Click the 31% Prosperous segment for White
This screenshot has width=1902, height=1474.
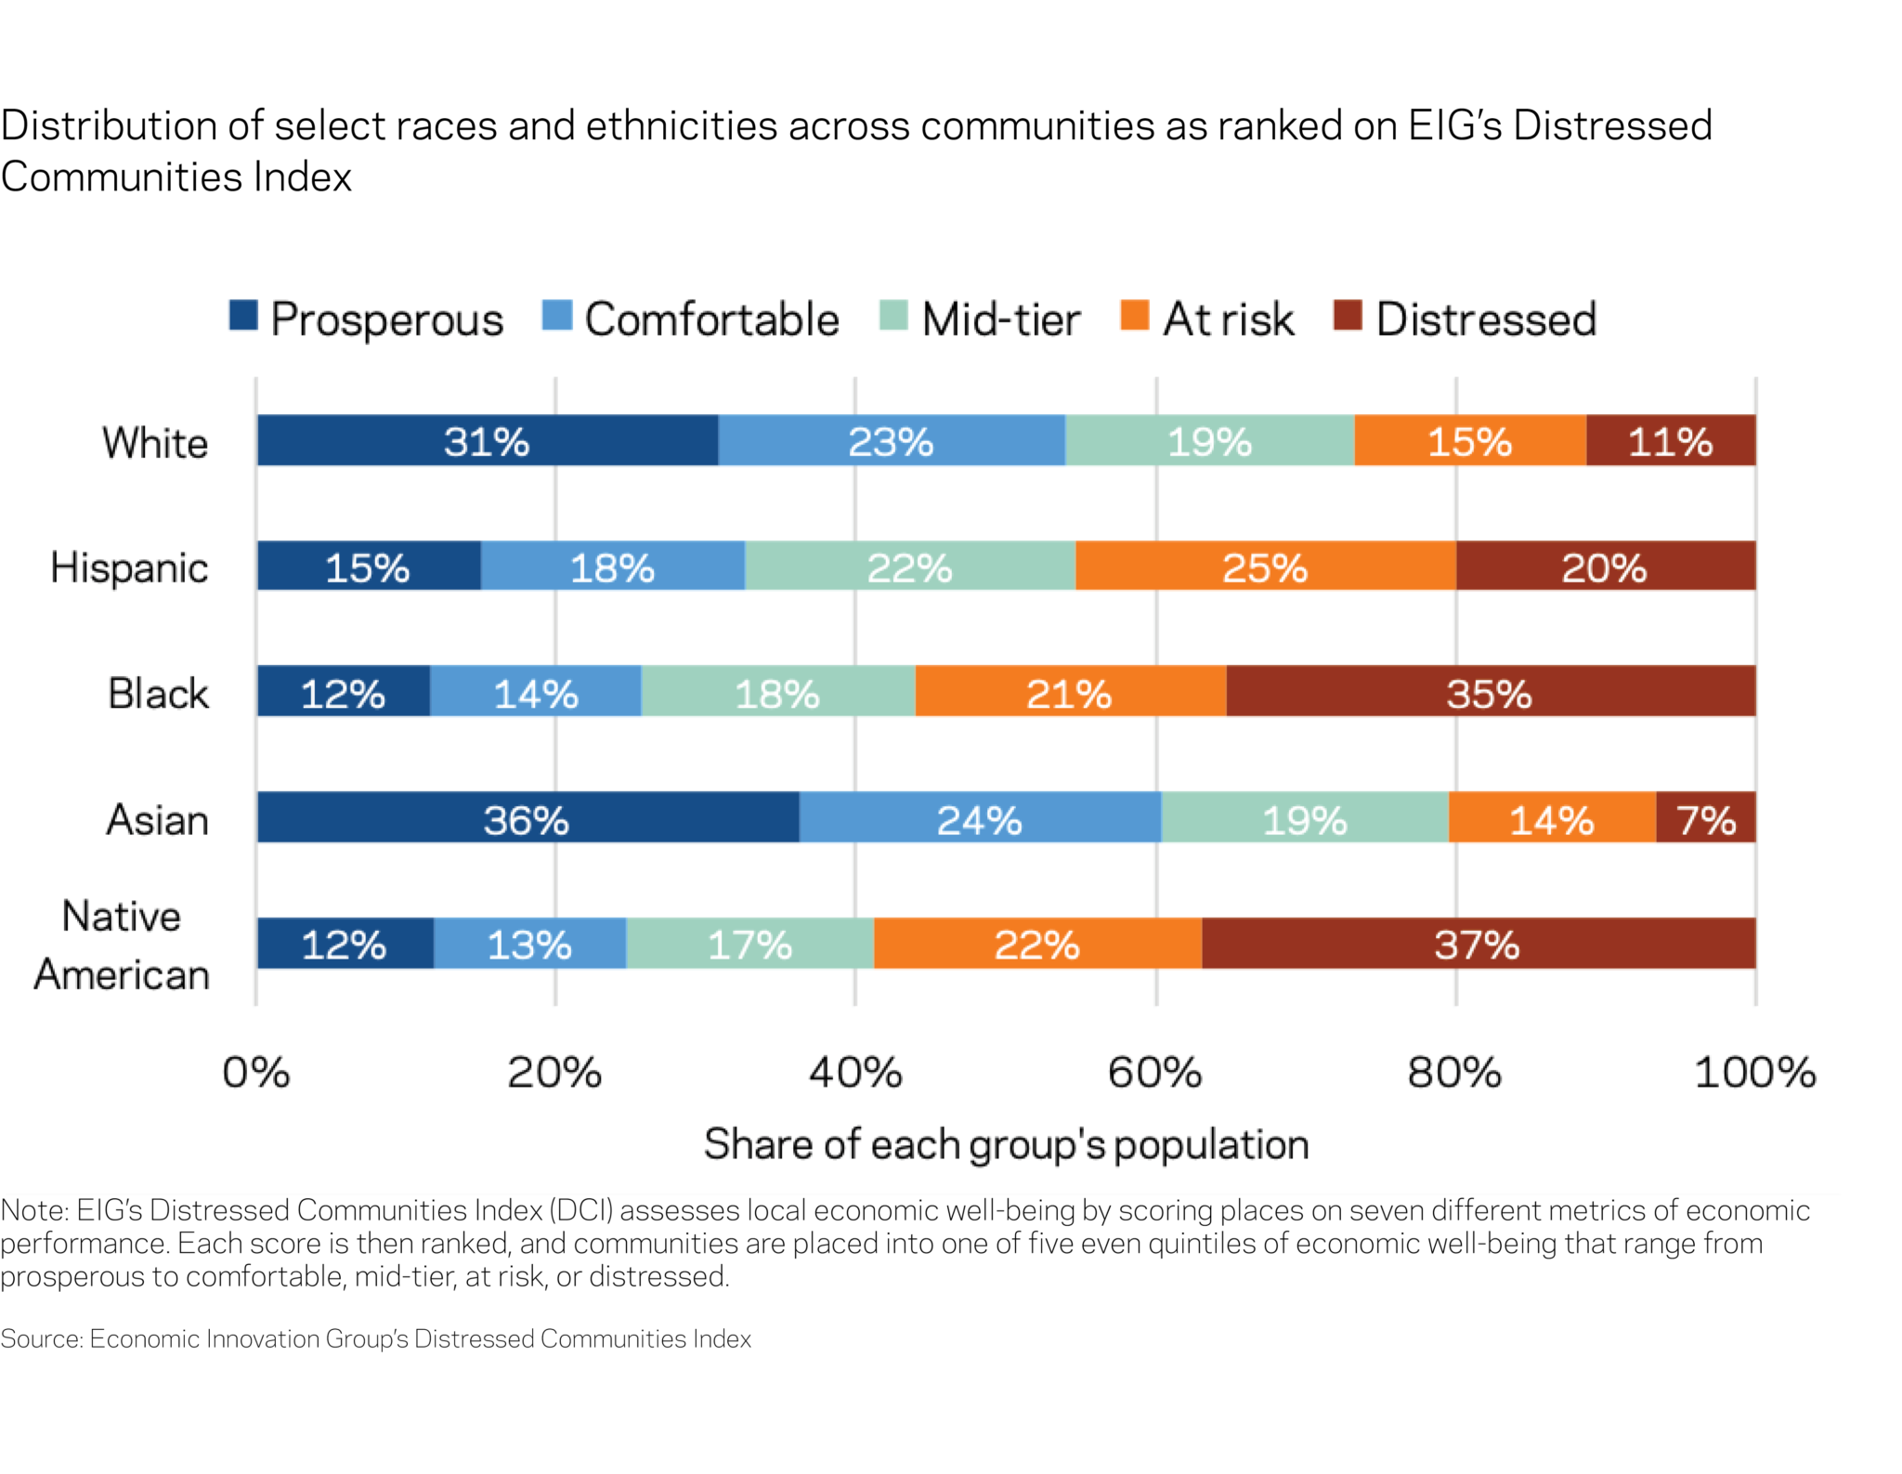pos(487,440)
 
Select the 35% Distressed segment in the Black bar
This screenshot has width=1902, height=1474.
pos(1490,692)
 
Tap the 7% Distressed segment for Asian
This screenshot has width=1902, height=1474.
pos(1705,818)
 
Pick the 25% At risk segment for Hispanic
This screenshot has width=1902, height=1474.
pos(1265,567)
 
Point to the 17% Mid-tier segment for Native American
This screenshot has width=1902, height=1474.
pos(749,944)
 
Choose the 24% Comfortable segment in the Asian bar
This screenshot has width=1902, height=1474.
pos(979,818)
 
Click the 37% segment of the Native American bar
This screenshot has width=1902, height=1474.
pos(1477,944)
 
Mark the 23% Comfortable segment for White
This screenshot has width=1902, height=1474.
pos(891,440)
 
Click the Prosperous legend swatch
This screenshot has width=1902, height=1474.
pos(243,316)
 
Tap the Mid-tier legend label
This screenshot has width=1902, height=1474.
pos(1001,320)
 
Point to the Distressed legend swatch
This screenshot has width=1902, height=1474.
pos(1348,316)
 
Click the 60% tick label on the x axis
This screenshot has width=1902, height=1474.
pos(1154,1073)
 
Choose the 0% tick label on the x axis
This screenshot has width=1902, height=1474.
pos(256,1073)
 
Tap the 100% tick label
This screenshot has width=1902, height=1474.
pos(1754,1073)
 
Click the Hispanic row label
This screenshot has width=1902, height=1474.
pos(129,567)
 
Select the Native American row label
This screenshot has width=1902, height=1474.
pos(122,945)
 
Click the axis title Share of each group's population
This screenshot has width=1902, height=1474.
pos(1006,1144)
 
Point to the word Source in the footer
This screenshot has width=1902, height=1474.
pos(42,1338)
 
